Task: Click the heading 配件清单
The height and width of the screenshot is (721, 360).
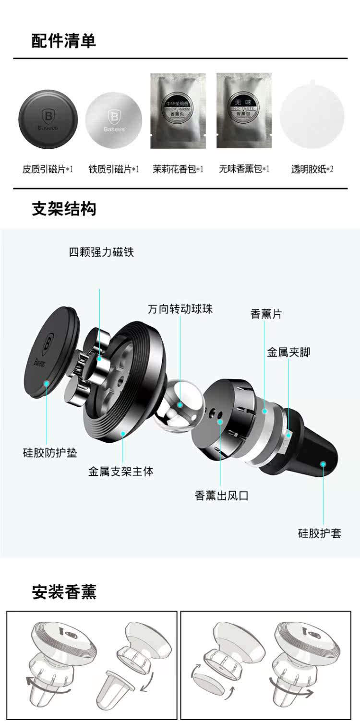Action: coord(64,41)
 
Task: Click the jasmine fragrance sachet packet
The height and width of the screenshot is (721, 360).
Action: coord(178,111)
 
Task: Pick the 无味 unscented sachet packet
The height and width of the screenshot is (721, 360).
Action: coord(244,111)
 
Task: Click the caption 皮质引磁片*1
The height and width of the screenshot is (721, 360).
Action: coord(48,169)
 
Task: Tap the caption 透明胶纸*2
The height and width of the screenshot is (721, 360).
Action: coord(312,169)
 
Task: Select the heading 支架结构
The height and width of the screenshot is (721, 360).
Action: coord(64,209)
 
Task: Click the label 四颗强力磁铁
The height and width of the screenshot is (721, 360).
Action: coord(101,252)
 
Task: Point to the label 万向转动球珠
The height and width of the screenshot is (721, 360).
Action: coord(180,309)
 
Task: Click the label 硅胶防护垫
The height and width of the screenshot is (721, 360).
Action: coord(50,452)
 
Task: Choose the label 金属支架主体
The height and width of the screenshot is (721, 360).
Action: coord(121,472)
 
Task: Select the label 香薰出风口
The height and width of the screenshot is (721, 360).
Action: coord(222,496)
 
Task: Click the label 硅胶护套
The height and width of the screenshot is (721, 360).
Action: coord(320,533)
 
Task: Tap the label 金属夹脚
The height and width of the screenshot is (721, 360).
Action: coord(288,352)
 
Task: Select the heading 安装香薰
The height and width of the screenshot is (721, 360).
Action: coord(64,592)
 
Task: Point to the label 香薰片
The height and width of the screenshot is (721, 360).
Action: coord(266,314)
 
